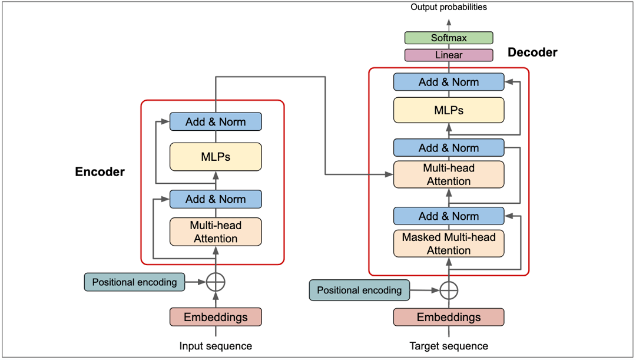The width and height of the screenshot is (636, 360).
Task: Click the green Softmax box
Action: pyautogui.click(x=449, y=38)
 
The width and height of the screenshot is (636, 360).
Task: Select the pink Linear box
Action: pyautogui.click(x=449, y=55)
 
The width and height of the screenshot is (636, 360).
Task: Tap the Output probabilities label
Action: pyautogui.click(x=449, y=7)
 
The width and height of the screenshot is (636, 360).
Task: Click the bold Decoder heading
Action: pyautogui.click(x=532, y=52)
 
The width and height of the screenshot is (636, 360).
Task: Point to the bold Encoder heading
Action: pyautogui.click(x=100, y=172)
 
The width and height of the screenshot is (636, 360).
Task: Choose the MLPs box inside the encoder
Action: pyautogui.click(x=216, y=157)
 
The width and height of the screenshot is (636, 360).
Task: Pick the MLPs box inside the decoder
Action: pyautogui.click(x=449, y=110)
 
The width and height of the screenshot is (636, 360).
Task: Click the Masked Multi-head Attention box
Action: pyautogui.click(x=449, y=243)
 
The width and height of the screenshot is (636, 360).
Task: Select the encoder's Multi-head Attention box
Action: pyautogui.click(x=216, y=232)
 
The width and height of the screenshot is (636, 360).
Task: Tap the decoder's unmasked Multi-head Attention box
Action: pyautogui.click(x=449, y=174)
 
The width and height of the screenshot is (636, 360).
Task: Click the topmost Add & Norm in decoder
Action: pyautogui.click(x=449, y=82)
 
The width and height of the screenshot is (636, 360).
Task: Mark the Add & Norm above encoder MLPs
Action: pyautogui.click(x=216, y=122)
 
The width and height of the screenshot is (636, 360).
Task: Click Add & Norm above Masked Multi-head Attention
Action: pyautogui.click(x=449, y=216)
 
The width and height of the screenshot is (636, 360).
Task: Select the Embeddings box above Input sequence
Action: pyautogui.click(x=216, y=317)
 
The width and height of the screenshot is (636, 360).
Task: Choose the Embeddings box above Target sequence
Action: pyautogui.click(x=449, y=317)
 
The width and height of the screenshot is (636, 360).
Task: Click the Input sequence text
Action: pyautogui.click(x=216, y=346)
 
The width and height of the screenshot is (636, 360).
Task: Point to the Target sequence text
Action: pyautogui.click(x=449, y=346)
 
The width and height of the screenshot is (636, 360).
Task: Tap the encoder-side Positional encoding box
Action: pyautogui.click(x=134, y=282)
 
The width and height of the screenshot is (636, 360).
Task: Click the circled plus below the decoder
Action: pyautogui.click(x=449, y=290)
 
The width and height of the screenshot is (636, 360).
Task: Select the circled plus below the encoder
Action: pyautogui.click(x=216, y=282)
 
